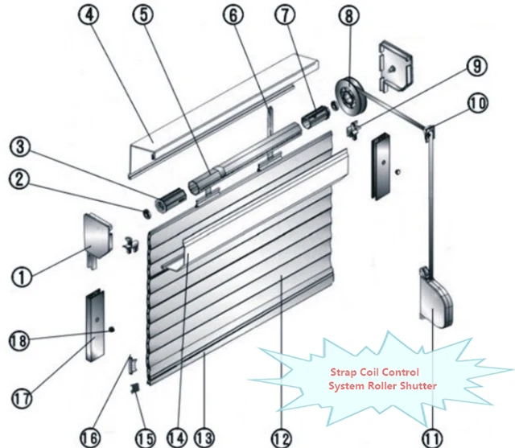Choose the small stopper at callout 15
(135, 389)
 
